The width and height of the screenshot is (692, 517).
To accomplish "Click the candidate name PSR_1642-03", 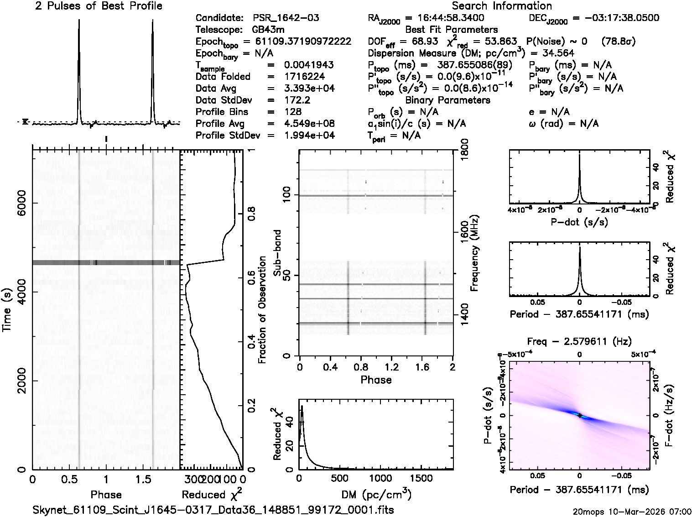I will [x=286, y=18].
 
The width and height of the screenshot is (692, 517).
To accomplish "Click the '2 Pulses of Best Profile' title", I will [x=99, y=6].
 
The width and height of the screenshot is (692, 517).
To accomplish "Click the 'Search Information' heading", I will [x=502, y=6].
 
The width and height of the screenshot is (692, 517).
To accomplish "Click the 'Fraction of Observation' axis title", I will [x=262, y=310].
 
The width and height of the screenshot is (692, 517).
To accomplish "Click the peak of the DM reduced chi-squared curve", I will [x=302, y=406].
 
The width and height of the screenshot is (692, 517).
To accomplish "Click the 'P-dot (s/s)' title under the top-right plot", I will [x=579, y=222].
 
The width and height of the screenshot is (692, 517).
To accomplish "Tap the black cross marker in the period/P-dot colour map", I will [x=579, y=415].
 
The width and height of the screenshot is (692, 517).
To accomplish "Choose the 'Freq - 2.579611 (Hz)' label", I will [x=579, y=341].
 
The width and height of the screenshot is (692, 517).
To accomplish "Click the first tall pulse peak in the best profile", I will [x=79, y=21].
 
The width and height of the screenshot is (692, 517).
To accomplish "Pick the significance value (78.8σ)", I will [x=618, y=42].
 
